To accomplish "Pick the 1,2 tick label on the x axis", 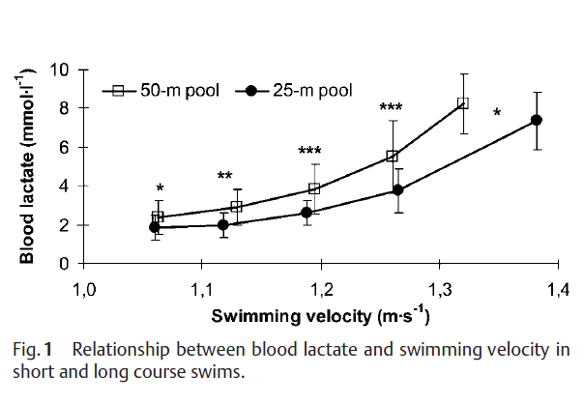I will (x=320, y=288).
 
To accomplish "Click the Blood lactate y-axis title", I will (x=29, y=165).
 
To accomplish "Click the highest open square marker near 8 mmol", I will (x=463, y=102).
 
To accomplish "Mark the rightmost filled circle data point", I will (x=537, y=120).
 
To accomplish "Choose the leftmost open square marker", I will (x=158, y=216).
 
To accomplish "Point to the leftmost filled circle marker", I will (x=154, y=227).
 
